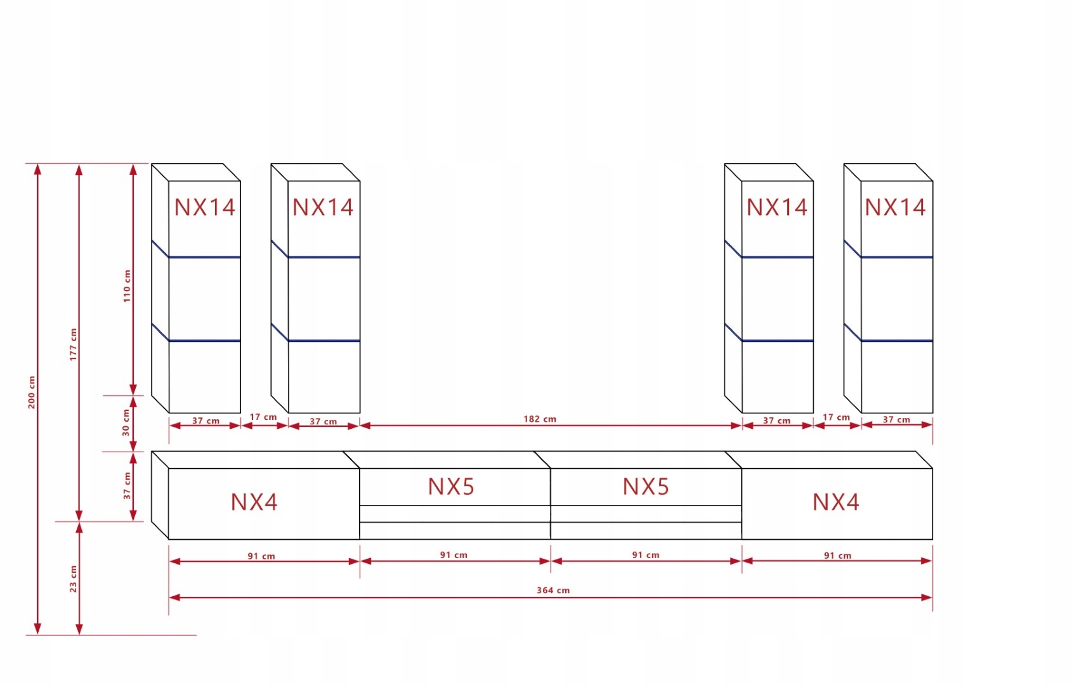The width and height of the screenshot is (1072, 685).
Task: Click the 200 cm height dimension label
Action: pos(32,392)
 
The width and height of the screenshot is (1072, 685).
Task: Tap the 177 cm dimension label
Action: pos(74,344)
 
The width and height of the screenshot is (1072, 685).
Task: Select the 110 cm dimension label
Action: pos(127,286)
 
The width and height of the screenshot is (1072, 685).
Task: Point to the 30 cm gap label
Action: pos(126,423)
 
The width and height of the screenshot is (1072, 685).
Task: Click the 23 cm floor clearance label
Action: pos(74,579)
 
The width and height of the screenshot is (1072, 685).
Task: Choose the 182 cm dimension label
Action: pos(540,419)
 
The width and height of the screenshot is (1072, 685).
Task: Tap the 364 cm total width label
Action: pos(553,590)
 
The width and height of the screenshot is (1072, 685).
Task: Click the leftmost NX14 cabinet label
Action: pos(205,207)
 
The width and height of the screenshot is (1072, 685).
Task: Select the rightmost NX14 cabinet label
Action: pos(895,207)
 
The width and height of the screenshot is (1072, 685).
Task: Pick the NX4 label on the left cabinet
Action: pos(254,502)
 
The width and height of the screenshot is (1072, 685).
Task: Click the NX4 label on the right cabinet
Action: pos(836,502)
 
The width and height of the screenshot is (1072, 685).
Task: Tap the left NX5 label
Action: pos(451,487)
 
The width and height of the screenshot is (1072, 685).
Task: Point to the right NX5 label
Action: pos(646,487)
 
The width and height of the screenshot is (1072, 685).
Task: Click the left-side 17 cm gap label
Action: pos(263,417)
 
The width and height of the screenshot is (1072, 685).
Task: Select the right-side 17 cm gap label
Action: pos(836,417)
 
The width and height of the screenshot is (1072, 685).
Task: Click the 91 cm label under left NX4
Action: pos(261,556)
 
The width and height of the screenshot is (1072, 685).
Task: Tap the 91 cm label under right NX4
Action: pos(837,556)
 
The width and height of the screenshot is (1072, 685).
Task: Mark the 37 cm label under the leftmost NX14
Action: pos(206,421)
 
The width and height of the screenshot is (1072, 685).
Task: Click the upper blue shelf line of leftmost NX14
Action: pos(204,257)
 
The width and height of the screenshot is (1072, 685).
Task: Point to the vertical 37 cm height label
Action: pos(127,486)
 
